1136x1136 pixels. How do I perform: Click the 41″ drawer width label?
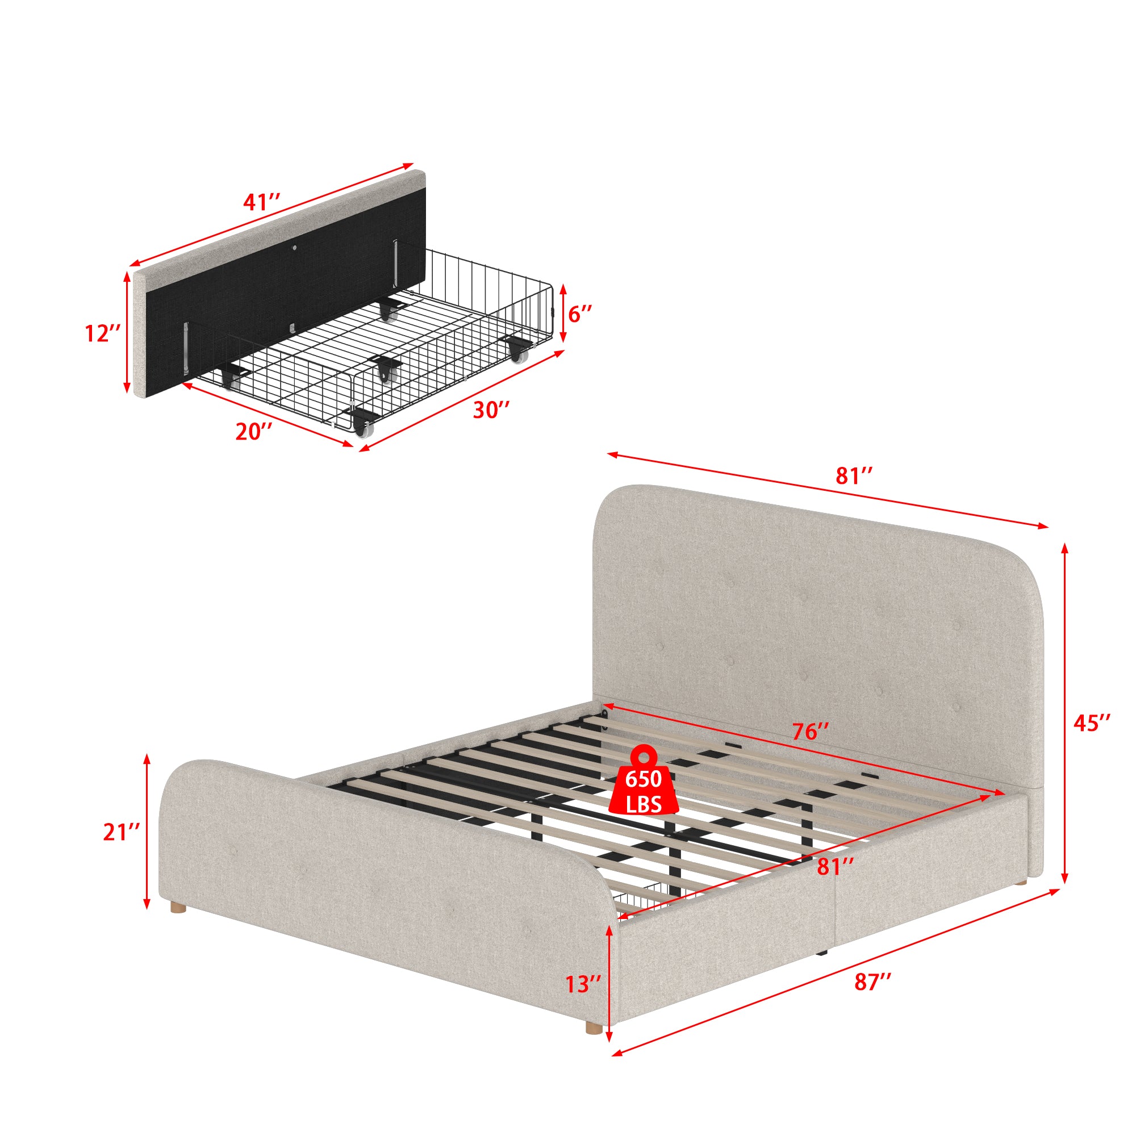pyautogui.click(x=261, y=202)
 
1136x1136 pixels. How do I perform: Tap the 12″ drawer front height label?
pyautogui.click(x=103, y=333)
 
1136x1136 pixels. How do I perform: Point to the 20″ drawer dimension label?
pyautogui.click(x=254, y=432)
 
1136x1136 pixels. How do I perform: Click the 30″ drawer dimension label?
pyautogui.click(x=491, y=410)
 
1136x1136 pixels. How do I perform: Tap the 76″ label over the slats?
pyautogui.click(x=811, y=732)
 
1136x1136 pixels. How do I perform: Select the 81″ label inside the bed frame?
pyautogui.click(x=835, y=866)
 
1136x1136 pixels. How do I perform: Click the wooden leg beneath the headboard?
pyautogui.click(x=1024, y=897)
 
